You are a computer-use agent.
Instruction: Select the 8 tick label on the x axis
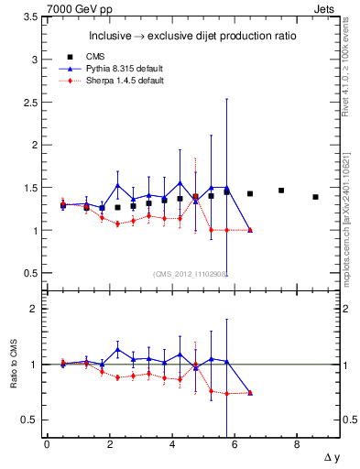click(x=297, y=445)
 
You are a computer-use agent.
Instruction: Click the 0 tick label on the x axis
click(x=47, y=445)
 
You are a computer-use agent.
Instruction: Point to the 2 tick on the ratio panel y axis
click(x=35, y=309)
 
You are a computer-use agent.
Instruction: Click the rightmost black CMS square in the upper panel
click(x=315, y=197)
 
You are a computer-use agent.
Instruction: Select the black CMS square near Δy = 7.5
click(x=281, y=191)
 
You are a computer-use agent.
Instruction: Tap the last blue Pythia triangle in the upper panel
click(x=250, y=230)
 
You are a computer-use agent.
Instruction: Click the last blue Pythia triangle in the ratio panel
click(x=250, y=392)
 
